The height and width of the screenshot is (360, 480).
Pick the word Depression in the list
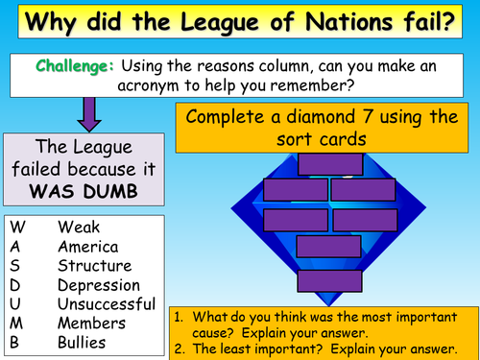tap(98, 285)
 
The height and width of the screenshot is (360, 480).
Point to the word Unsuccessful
tap(105, 304)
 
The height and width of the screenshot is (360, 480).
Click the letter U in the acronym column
tap(17, 304)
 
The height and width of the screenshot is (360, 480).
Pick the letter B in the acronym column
tap(16, 343)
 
